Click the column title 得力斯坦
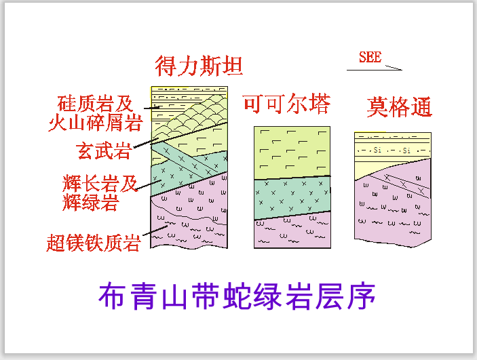point(199,67)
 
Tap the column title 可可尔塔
point(286,104)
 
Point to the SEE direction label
point(370,57)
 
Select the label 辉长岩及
point(99,182)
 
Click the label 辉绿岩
point(91,201)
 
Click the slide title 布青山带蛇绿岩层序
point(237,296)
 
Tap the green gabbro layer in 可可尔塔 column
point(292,197)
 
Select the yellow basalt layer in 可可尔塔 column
point(292,152)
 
